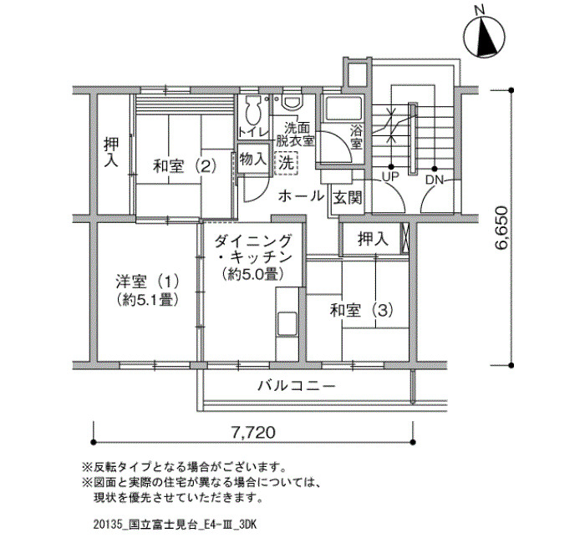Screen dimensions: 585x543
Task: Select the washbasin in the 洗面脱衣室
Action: [x=292, y=102]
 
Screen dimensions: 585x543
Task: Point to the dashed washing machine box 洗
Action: [x=286, y=164]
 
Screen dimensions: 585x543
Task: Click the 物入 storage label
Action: [x=253, y=160]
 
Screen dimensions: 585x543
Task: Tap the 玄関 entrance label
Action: [x=348, y=198]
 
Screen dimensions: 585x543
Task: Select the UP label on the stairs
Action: [x=390, y=176]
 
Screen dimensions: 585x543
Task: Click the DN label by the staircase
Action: [x=435, y=180]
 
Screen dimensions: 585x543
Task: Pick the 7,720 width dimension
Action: [x=253, y=432]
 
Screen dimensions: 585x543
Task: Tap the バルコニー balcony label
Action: [x=297, y=386]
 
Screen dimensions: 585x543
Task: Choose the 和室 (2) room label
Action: [x=185, y=166]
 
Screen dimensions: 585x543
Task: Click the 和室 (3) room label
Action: [x=362, y=310]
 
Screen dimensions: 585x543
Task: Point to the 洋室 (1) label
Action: [x=147, y=282]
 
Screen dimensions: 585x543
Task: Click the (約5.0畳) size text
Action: [x=252, y=275]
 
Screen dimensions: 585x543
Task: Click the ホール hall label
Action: [x=301, y=195]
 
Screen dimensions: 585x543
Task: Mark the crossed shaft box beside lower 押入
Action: [x=404, y=239]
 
